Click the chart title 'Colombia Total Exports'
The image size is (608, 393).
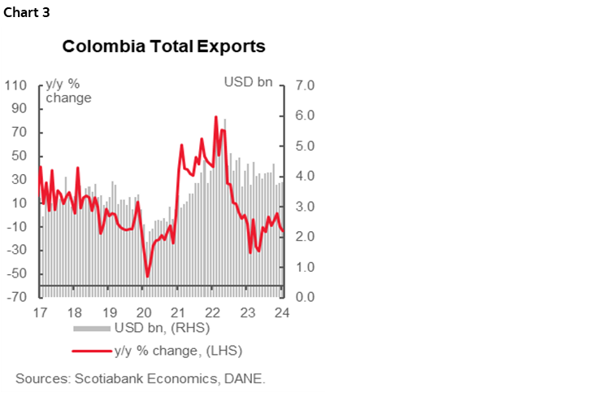[163, 46]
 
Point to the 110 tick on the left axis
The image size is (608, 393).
[16, 85]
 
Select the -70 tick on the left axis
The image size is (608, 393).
[16, 298]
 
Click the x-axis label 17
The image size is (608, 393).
[39, 313]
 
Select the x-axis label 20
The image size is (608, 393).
[144, 313]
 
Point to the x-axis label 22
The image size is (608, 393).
[214, 313]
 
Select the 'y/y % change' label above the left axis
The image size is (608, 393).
[68, 91]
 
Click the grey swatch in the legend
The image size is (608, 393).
[92, 329]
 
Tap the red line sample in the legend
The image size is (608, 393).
[92, 351]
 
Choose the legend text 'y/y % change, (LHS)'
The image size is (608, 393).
[179, 351]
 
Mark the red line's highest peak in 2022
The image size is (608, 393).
[215, 116]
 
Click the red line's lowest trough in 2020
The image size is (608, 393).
[147, 277]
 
